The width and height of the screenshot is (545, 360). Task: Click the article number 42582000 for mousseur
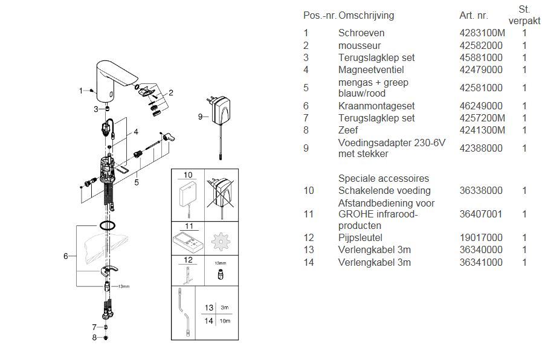coord(481,45)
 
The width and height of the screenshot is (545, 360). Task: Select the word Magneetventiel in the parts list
coord(371,70)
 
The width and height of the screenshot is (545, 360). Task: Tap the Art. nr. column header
coord(473,15)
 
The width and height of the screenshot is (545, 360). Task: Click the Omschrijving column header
coord(366,15)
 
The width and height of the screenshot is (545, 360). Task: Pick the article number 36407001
coord(481,214)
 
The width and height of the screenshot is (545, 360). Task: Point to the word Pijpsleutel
coord(360,237)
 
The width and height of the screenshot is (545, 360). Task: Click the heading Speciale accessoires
coord(384,178)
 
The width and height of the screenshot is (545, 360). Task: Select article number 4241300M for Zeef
coord(482,130)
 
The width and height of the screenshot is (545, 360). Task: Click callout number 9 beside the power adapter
coord(200,117)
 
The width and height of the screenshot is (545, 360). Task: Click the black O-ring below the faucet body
coord(107,225)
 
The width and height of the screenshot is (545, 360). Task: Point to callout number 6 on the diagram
coord(66,256)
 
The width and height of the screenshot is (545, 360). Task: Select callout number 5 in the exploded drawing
coord(137,182)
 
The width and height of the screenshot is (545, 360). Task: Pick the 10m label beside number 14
coord(225,321)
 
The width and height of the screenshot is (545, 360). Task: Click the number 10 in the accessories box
coord(188,175)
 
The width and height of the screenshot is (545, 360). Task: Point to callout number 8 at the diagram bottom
coord(94,338)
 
